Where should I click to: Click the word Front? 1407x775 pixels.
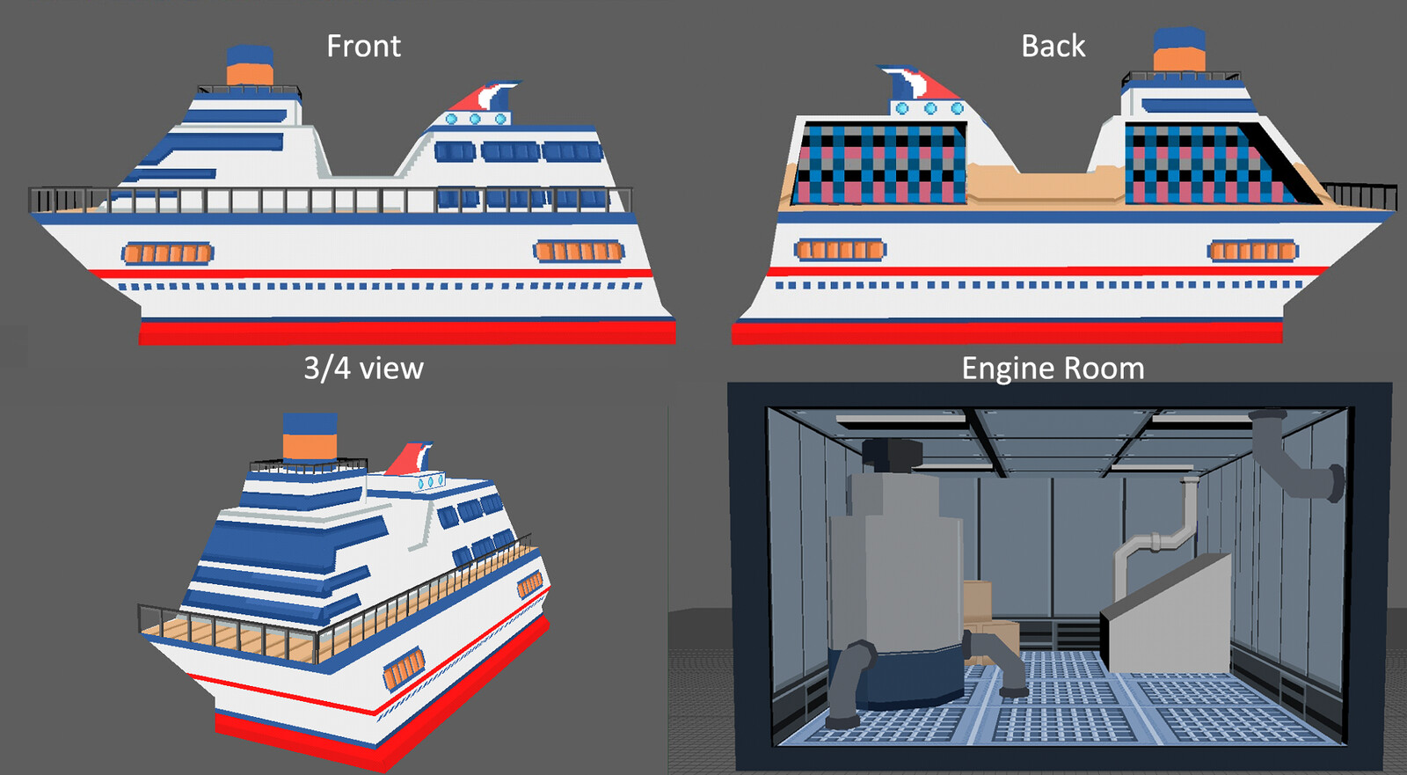[x=363, y=46]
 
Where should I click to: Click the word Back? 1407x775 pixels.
[x=1053, y=46]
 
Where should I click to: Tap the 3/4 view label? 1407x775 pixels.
[x=363, y=368]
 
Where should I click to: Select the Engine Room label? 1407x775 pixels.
[x=1053, y=368]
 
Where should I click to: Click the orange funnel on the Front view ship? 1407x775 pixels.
[x=250, y=74]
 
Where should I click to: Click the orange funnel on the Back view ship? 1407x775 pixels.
[x=1179, y=60]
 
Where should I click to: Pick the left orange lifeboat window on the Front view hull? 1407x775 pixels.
[x=167, y=254]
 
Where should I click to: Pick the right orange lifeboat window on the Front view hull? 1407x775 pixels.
[x=579, y=252]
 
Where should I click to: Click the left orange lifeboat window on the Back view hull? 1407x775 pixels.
[x=840, y=250]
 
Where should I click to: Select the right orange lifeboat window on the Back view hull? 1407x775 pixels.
[x=1252, y=252]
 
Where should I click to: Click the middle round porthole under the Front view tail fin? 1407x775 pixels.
[x=475, y=119]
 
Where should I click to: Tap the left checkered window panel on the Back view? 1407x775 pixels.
[x=879, y=164]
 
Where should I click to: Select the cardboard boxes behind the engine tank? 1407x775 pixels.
[x=989, y=616]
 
